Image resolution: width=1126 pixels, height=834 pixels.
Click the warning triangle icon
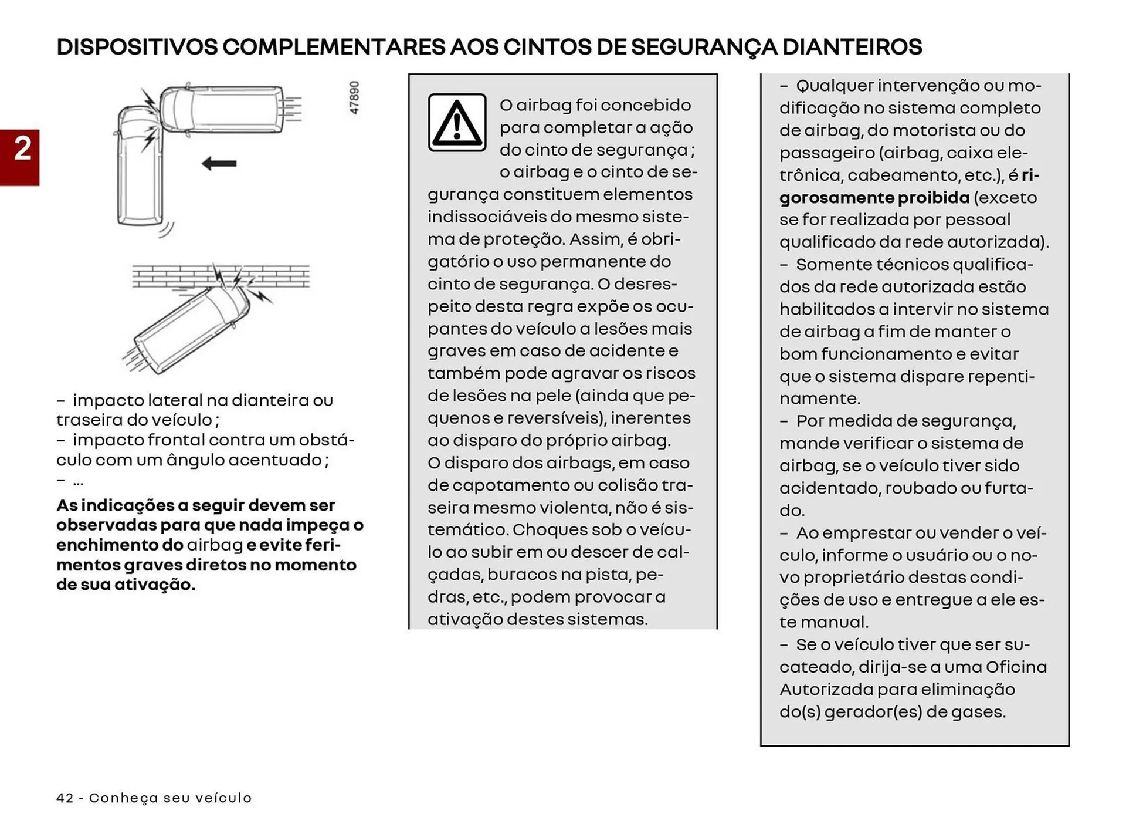pyautogui.click(x=457, y=123)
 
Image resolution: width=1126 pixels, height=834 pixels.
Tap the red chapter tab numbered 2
pyautogui.click(x=20, y=157)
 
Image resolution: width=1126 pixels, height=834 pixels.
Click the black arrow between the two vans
pyautogui.click(x=219, y=164)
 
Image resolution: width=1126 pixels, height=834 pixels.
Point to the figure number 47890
pyautogui.click(x=354, y=97)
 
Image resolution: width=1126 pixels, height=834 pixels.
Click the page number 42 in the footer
pyautogui.click(x=65, y=798)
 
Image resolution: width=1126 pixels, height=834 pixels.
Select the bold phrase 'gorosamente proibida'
pyautogui.click(x=874, y=198)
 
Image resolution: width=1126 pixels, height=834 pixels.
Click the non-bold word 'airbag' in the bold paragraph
pyautogui.click(x=215, y=545)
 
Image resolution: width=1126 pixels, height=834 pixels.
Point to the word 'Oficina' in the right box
pyautogui.click(x=1016, y=667)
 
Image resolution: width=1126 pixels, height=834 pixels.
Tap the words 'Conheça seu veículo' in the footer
pyautogui.click(x=170, y=798)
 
